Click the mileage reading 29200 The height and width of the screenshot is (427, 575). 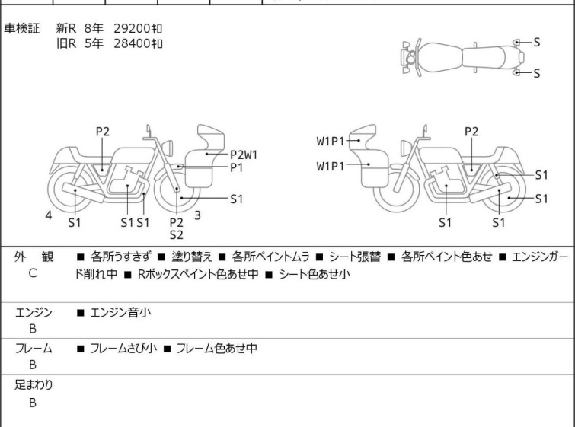point(132,28)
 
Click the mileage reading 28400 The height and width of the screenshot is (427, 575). point(132,43)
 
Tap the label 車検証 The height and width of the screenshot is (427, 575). point(21,28)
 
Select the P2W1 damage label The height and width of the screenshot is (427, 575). point(244,155)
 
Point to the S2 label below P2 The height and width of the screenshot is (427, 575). point(177,235)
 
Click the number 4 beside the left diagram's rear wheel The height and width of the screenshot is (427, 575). point(49,215)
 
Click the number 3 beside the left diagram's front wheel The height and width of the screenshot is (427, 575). point(198,215)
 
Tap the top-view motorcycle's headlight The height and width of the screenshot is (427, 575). point(410,58)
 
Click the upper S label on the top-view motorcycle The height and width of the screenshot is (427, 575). point(537,43)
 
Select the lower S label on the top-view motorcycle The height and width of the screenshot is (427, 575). point(537,73)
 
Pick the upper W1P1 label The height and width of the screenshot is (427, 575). point(331,141)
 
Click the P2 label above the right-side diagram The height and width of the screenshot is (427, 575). point(471,132)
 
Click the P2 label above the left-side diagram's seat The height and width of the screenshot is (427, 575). point(103,132)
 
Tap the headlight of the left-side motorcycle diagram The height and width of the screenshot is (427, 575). point(168,148)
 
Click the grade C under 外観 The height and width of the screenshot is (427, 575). point(33,273)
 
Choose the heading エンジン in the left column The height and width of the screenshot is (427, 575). point(34,313)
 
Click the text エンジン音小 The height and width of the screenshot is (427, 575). point(120,313)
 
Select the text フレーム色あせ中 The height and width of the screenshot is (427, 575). point(217,348)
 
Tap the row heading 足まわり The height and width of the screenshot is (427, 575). point(34,385)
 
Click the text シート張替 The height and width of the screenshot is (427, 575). point(355,257)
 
